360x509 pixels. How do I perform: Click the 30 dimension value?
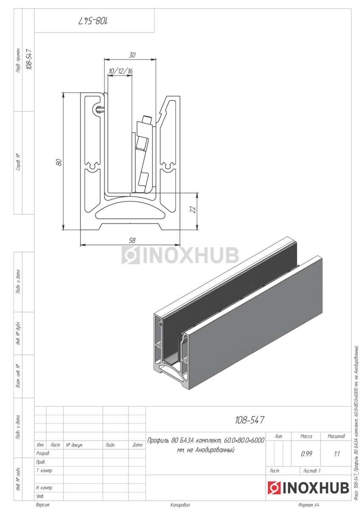pos(132,55)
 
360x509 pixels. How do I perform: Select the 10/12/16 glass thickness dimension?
pos(120,71)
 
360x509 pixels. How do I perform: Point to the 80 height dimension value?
pos(59,162)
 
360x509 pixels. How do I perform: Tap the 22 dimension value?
pos(193,209)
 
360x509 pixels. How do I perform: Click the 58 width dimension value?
pos(132,241)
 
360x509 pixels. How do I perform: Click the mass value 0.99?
pos(307,454)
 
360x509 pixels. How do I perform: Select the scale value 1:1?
pos(337,454)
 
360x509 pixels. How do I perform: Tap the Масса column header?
pos(306,436)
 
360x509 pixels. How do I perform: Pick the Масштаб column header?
pos(336,436)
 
